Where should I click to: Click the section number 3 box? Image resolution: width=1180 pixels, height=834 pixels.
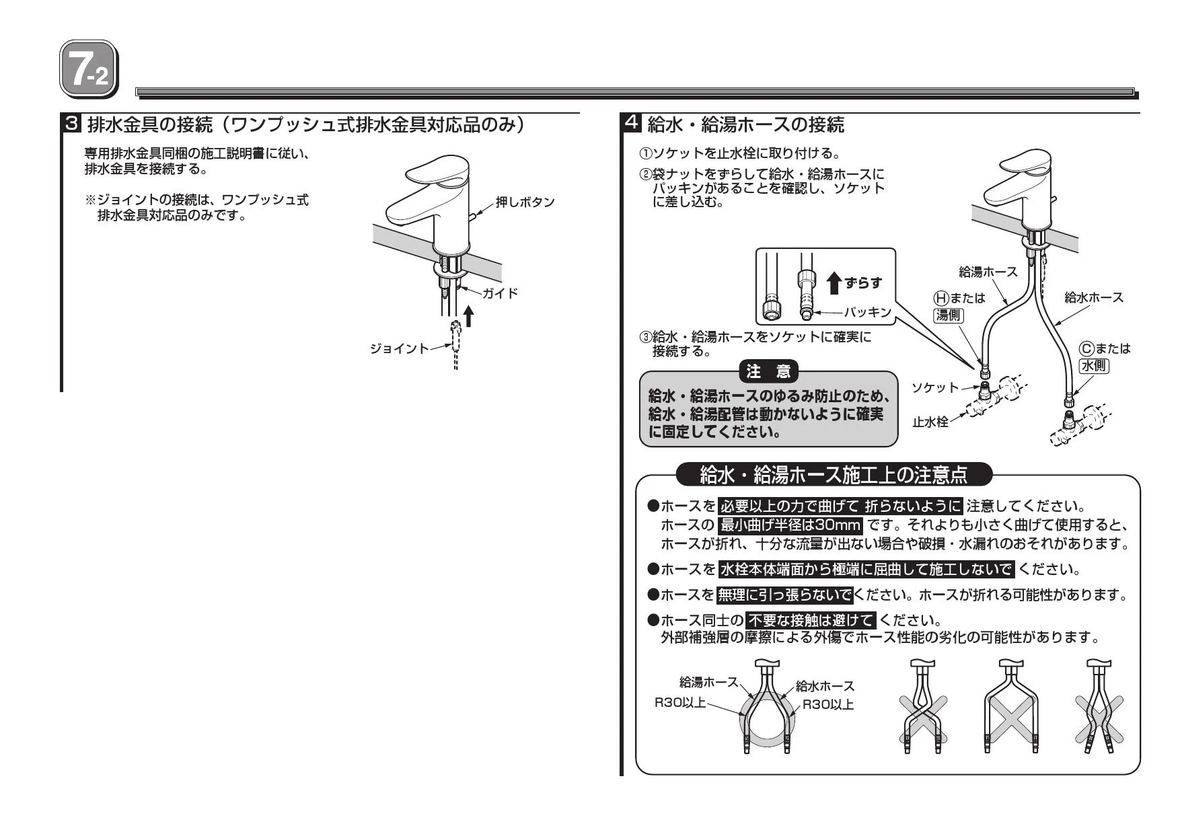click(72, 124)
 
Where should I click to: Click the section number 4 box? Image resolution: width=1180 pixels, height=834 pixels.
click(632, 124)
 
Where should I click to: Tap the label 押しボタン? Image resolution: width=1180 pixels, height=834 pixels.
click(525, 202)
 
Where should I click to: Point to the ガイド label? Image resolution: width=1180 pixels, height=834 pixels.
click(500, 293)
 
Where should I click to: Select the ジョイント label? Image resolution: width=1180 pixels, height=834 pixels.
click(398, 348)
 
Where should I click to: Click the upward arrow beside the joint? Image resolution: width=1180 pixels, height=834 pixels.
click(469, 315)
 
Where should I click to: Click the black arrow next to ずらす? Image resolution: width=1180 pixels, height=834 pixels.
click(834, 283)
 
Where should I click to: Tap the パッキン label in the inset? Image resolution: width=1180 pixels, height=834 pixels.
click(867, 312)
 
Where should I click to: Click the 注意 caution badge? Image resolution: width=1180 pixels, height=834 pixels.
click(768, 371)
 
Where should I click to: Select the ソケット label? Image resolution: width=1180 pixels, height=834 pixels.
click(934, 387)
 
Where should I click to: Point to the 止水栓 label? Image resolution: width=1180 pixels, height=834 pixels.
click(930, 422)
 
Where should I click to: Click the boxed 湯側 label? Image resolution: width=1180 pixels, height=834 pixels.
click(949, 315)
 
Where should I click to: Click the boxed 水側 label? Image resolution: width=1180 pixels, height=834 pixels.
click(1094, 366)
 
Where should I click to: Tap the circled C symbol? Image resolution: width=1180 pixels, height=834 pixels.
click(1086, 348)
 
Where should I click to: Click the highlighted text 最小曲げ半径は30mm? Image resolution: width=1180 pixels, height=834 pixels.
click(790, 525)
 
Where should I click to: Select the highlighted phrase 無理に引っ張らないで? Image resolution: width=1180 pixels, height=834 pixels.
click(784, 595)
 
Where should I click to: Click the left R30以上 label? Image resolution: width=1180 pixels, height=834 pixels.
click(680, 703)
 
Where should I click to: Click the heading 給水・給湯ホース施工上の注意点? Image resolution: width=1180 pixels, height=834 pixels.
click(834, 476)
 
